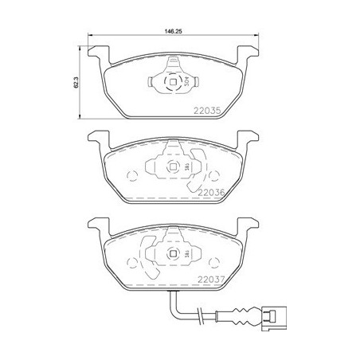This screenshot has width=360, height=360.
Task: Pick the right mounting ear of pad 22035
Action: pyautogui.click(x=251, y=54)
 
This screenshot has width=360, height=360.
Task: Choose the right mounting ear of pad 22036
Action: pyautogui.click(x=251, y=140)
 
